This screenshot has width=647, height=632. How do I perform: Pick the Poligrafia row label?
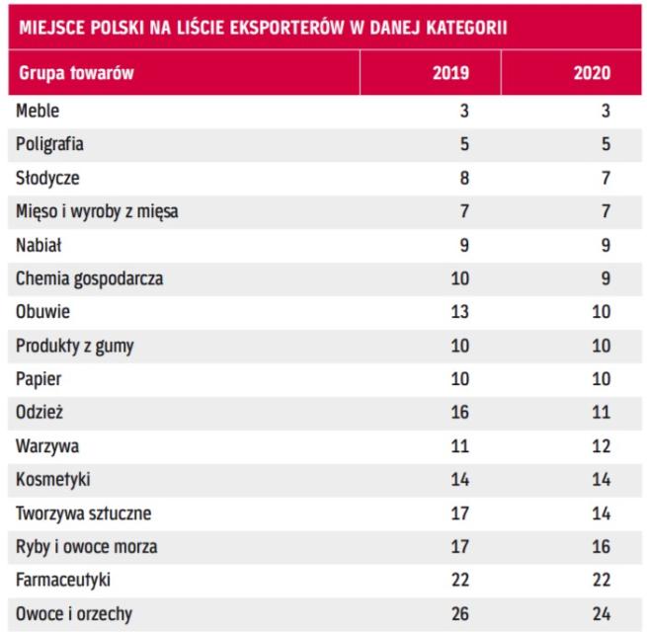(x=49, y=144)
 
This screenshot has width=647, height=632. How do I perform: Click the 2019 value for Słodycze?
(x=462, y=178)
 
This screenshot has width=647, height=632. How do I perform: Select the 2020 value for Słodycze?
(x=605, y=178)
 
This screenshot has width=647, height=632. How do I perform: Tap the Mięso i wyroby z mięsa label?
(x=97, y=211)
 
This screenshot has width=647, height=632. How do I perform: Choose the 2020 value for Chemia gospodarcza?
(x=605, y=278)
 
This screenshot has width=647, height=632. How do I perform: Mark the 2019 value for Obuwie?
(x=458, y=312)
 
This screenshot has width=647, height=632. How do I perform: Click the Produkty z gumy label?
(x=76, y=346)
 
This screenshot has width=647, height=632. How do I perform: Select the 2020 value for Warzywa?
(x=601, y=446)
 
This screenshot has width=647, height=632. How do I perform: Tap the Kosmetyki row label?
(x=51, y=480)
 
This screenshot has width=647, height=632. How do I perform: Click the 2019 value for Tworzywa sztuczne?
(x=458, y=513)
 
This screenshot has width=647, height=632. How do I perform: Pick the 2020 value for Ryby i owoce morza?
(x=601, y=547)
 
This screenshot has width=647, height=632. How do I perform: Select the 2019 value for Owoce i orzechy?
(x=458, y=614)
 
